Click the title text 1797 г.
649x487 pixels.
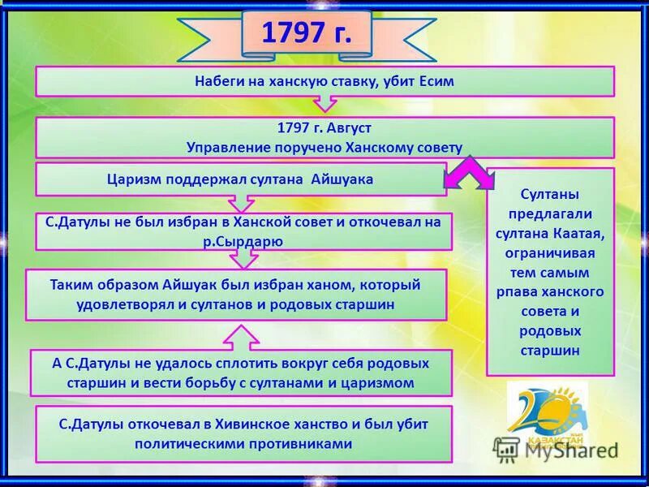tap(306, 35)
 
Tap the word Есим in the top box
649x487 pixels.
tap(436, 81)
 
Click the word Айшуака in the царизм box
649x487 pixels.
tap(342, 179)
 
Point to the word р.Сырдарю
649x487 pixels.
tap(243, 241)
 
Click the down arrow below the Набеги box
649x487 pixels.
tap(324, 104)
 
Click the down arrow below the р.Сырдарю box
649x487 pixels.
tap(243, 259)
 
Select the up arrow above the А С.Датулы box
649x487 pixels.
tap(243, 334)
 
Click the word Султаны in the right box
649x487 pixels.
tap(549, 193)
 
